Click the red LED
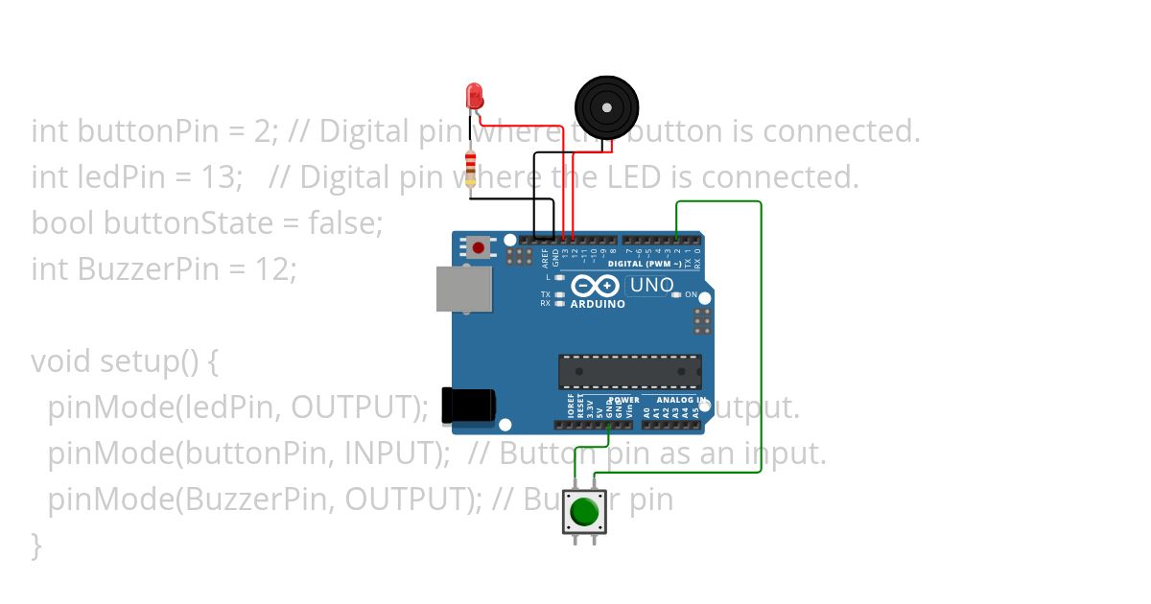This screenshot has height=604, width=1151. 474,95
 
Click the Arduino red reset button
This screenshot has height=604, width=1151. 478,248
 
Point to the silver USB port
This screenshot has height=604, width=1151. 463,289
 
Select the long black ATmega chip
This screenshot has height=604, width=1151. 630,372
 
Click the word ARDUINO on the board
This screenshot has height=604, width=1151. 597,304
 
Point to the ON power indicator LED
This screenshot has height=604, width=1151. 677,295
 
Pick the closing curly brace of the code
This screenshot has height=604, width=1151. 36,546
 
